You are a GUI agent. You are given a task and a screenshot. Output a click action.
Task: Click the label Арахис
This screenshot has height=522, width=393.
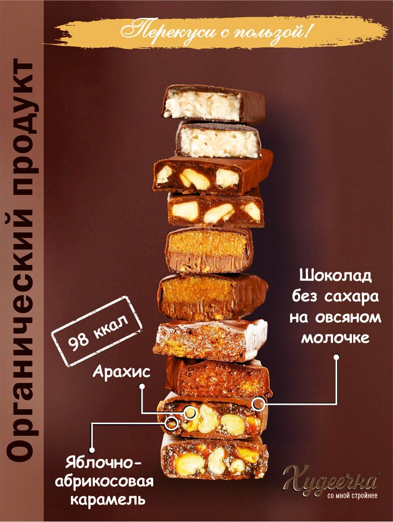pos(122,372)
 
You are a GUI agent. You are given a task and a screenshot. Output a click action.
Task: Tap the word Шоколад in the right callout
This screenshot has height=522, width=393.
pos(336,276)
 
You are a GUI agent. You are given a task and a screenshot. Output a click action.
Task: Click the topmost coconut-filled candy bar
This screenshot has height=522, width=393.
pos(213,104)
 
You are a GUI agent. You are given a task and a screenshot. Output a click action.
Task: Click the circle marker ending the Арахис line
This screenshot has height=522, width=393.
pos(190,412)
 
